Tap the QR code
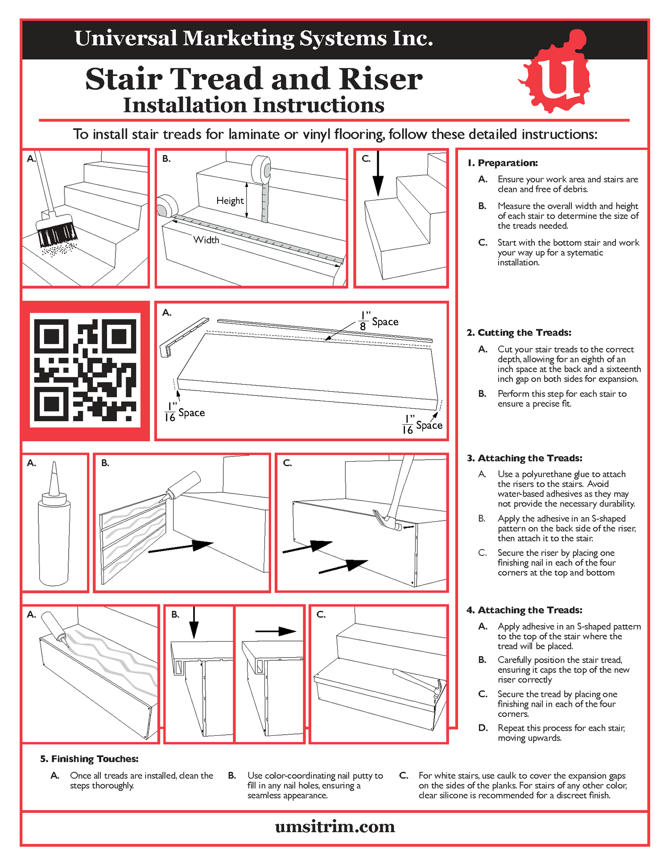[85, 370]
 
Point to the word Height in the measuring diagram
[230, 201]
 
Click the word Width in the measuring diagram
[206, 240]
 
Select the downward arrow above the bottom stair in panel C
[378, 174]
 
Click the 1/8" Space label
[379, 321]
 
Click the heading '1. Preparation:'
[503, 163]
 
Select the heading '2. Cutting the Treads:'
[519, 332]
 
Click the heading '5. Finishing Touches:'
[89, 759]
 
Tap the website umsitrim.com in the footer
[335, 827]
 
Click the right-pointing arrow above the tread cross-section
[275, 631]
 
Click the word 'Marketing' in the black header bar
[239, 38]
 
